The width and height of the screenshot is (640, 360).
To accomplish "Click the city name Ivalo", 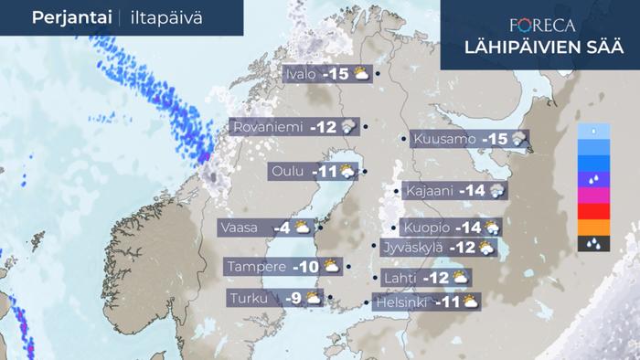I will (301, 74).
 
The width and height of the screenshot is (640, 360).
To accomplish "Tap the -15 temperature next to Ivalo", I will (336, 74).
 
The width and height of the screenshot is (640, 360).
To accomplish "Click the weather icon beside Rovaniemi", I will (348, 128).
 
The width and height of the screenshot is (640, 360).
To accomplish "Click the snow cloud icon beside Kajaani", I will (497, 191).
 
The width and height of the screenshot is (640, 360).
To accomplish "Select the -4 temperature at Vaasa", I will (282, 228).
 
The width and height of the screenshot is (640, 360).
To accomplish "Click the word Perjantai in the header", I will (69, 17).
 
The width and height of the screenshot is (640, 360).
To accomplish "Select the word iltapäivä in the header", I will (158, 18).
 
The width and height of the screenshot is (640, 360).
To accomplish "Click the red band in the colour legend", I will (594, 211).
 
